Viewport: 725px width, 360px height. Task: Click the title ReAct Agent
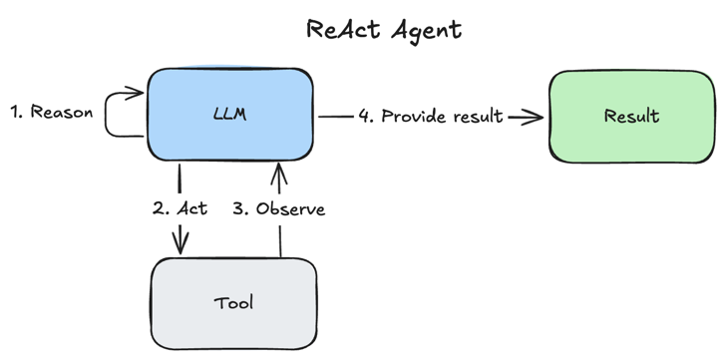coord(384,29)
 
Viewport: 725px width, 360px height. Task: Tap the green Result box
coord(631,116)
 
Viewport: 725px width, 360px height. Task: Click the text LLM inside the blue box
coord(230,115)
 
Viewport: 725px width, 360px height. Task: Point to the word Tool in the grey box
coord(234,302)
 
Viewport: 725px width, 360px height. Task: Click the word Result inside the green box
coord(631,116)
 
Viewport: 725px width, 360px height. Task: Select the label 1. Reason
coord(52,112)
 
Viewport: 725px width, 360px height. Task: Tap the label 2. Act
coord(181,209)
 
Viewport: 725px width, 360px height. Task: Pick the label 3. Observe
coord(278,209)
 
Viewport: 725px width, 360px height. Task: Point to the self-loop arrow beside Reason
coord(122,112)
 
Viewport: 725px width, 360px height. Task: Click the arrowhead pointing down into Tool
coord(181,245)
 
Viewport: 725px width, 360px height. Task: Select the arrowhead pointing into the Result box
coord(537,117)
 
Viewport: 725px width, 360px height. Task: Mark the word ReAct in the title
coord(342,29)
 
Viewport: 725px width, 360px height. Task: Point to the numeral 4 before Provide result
coord(365,116)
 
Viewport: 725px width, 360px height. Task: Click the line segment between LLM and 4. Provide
coord(336,116)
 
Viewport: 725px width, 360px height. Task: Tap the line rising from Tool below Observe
coord(279,241)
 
